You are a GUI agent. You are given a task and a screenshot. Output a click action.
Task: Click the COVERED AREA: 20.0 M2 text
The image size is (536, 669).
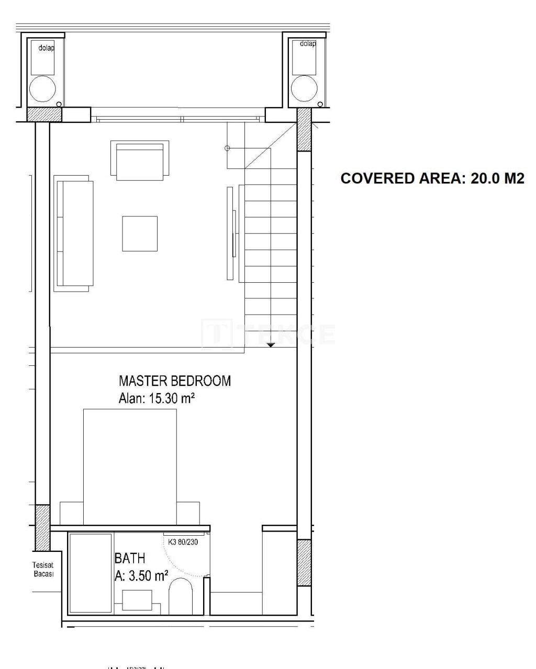tap(432, 179)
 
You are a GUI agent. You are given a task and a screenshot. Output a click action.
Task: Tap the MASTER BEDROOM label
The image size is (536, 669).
tap(174, 380)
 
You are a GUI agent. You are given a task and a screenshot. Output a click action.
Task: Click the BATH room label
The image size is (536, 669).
tap(130, 558)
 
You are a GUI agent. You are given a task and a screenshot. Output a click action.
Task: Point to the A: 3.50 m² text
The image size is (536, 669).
tap(141, 576)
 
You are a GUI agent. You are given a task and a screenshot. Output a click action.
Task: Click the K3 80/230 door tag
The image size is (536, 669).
tap(187, 542)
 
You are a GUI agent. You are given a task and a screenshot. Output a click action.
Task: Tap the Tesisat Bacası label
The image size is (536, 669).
tap(43, 569)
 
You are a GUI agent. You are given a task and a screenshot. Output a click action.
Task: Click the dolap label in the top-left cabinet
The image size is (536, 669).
tap(47, 48)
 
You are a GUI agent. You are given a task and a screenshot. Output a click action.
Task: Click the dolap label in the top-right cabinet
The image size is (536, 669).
tap(308, 44)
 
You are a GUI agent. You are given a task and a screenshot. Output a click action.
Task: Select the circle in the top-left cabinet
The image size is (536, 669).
tap(42, 88)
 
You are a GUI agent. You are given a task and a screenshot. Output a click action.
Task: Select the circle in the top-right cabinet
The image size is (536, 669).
tap(304, 88)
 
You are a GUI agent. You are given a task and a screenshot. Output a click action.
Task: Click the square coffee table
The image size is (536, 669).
tap(140, 234)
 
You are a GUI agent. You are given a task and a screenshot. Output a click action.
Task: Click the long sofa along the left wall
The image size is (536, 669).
tap(74, 234)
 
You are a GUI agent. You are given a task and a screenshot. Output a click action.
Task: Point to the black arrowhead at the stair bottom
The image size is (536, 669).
tap(271, 345)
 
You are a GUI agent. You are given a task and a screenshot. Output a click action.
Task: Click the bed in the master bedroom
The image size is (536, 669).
tap(130, 465)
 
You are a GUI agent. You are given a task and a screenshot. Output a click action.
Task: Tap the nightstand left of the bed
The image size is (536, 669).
tap(72, 513)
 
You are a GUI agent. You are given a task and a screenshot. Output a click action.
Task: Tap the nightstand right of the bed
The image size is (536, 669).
tap(188, 513)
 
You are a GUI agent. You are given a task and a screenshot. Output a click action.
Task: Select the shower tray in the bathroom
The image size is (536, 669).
tap(91, 573)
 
